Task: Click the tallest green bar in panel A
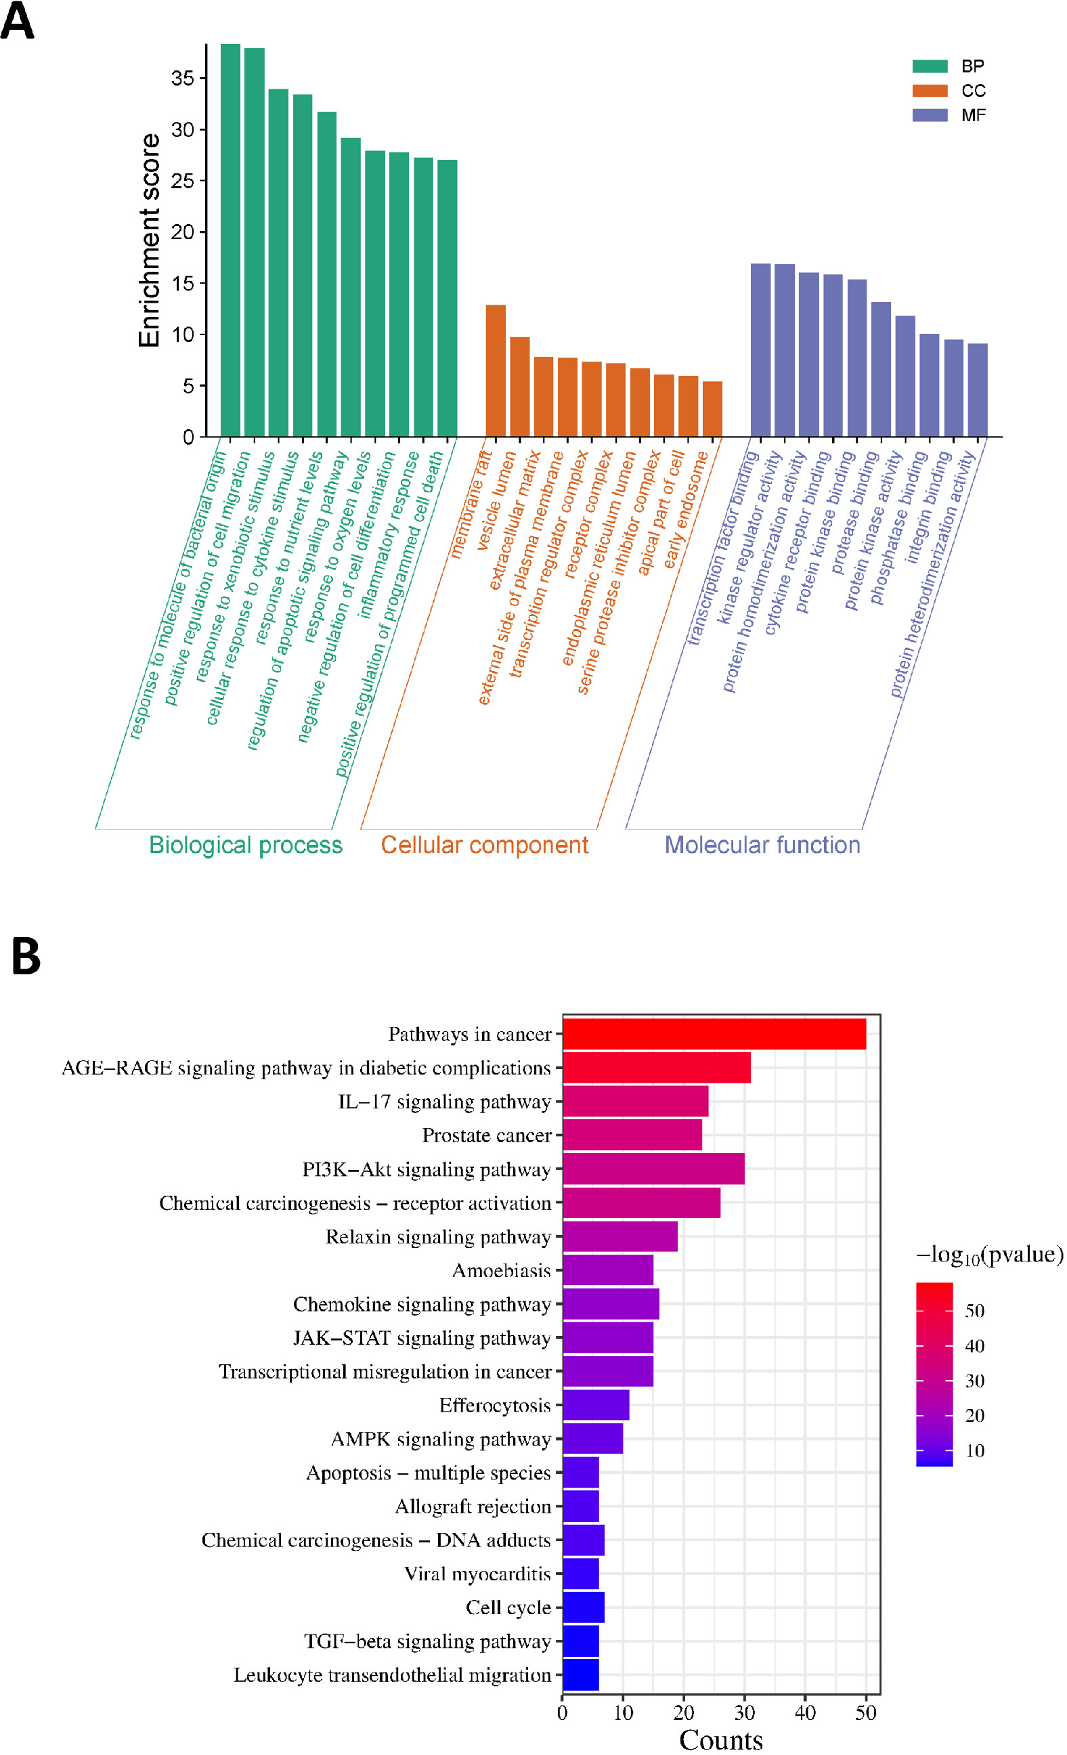click(x=230, y=240)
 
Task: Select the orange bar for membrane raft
click(x=496, y=370)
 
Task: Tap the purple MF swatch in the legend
click(x=930, y=115)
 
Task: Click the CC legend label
click(x=973, y=91)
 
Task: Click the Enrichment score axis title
click(x=149, y=240)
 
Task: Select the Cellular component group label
click(x=484, y=845)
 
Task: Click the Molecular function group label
click(x=762, y=845)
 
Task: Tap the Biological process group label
click(x=246, y=845)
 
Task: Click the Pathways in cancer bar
click(x=714, y=1033)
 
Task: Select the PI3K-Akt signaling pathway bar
click(x=654, y=1169)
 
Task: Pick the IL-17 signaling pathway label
click(x=444, y=1102)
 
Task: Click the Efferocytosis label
click(x=495, y=1405)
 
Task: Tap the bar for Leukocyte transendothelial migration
click(x=581, y=1674)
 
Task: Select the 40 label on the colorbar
click(x=974, y=1345)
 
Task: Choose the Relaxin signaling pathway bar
click(x=620, y=1236)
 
